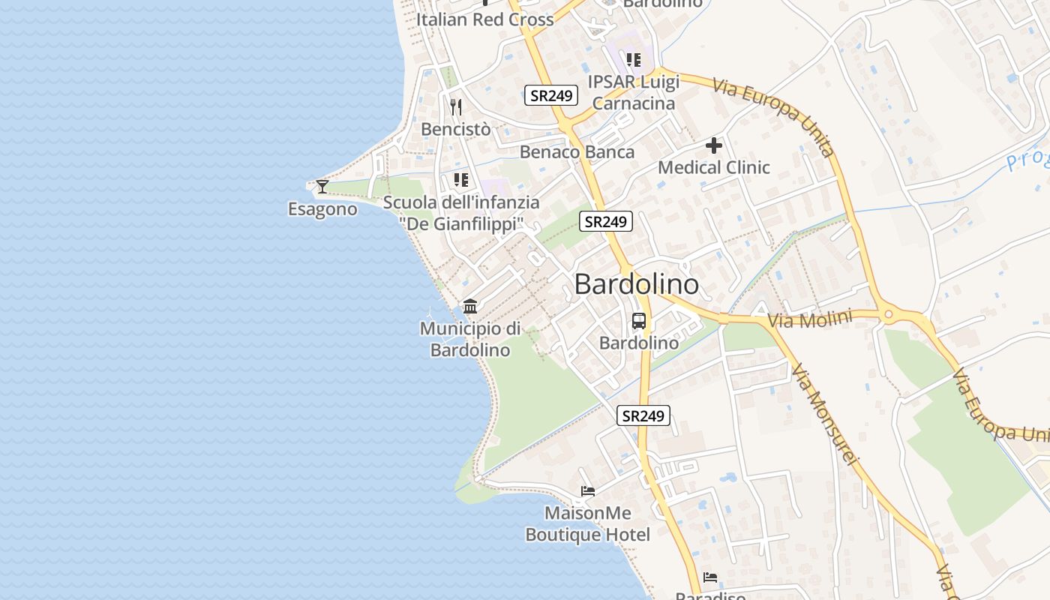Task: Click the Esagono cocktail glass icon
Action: click(322, 186)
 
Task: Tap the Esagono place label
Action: click(322, 209)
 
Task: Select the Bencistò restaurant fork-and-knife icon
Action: click(456, 106)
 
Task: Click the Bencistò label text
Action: click(456, 129)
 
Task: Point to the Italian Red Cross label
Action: click(484, 20)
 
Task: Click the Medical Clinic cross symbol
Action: click(714, 145)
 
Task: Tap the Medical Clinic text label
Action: click(714, 167)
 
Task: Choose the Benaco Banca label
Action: click(577, 152)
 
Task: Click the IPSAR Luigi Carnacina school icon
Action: click(634, 59)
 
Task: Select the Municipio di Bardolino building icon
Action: click(470, 306)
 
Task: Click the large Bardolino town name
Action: click(637, 285)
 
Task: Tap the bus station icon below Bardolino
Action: click(639, 321)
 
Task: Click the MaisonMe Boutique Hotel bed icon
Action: click(588, 491)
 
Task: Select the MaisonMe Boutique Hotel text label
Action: click(588, 524)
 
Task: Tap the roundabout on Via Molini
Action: click(889, 316)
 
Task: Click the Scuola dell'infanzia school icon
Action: click(460, 180)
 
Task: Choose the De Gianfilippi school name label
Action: click(460, 223)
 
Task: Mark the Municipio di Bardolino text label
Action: click(470, 339)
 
